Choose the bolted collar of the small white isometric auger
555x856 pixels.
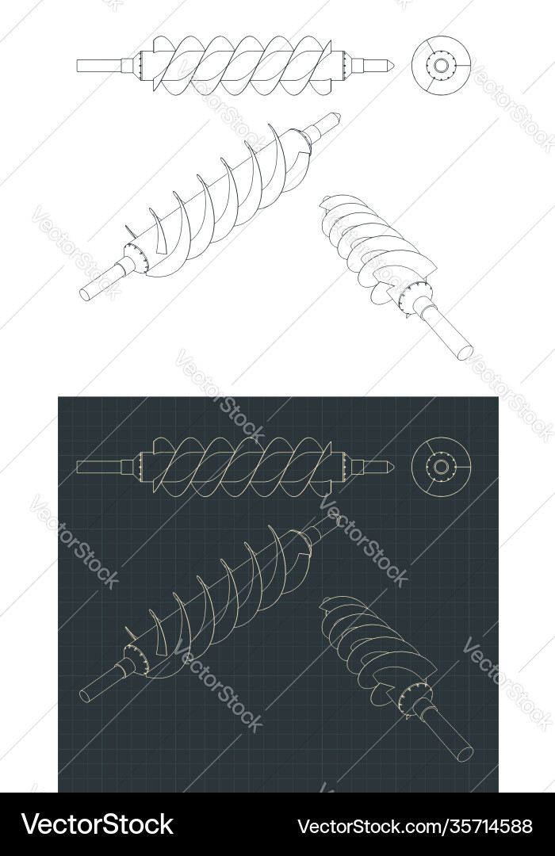click(415, 299)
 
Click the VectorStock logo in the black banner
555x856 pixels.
click(98, 825)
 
